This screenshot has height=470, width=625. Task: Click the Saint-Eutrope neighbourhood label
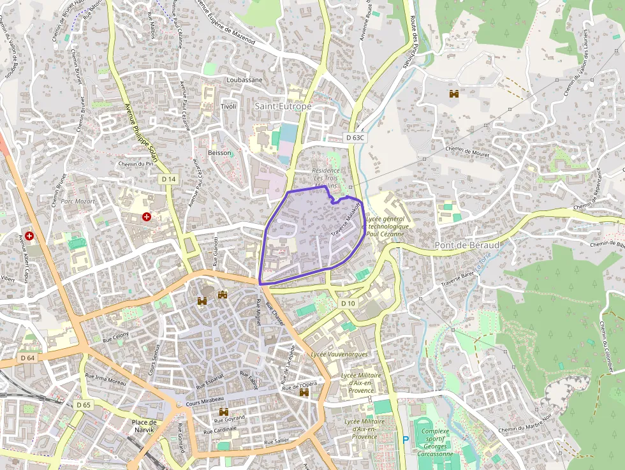(283, 106)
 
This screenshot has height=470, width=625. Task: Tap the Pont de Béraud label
(467, 246)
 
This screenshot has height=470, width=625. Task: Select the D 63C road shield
(355, 137)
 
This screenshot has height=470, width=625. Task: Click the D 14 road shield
(168, 180)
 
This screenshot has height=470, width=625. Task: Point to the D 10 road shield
(348, 304)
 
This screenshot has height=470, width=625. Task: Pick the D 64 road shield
(27, 358)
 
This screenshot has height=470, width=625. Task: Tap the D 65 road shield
(84, 405)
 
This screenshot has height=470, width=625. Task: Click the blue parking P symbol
(405, 439)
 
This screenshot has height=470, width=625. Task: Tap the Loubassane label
(244, 80)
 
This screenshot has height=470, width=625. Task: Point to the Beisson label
(220, 153)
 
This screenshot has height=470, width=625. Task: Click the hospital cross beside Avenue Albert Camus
(29, 236)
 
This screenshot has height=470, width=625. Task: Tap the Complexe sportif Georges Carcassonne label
(436, 443)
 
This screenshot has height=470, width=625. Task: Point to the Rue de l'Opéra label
(300, 386)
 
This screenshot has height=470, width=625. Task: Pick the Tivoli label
(228, 106)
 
